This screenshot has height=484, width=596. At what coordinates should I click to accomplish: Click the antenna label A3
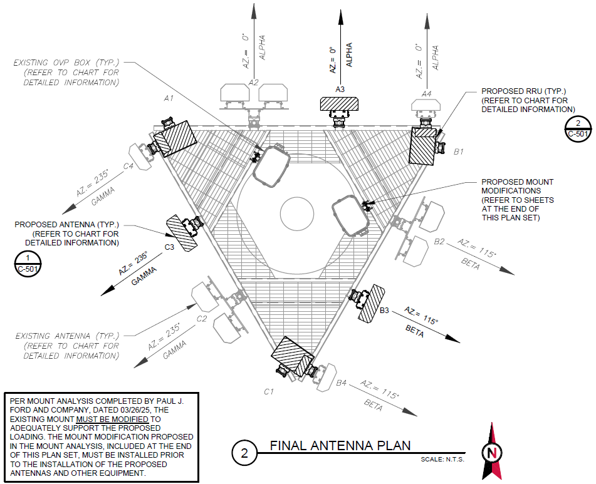pyautogui.click(x=340, y=90)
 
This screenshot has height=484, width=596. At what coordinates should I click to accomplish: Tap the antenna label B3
pyautogui.click(x=385, y=311)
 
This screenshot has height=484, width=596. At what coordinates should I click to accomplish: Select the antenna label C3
pyautogui.click(x=169, y=247)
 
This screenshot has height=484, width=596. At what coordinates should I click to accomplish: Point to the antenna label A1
pyautogui.click(x=168, y=98)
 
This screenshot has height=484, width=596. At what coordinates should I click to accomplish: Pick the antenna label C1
pyautogui.click(x=269, y=391)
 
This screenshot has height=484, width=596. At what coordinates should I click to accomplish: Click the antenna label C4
pyautogui.click(x=128, y=166)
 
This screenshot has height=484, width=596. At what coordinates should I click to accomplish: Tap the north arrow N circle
pyautogui.click(x=492, y=452)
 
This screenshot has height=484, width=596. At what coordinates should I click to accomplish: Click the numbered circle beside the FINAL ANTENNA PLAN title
pyautogui.click(x=244, y=454)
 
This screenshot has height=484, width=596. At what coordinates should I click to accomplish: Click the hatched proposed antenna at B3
pyautogui.click(x=372, y=303)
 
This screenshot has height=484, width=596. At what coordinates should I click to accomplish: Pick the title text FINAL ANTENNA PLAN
pyautogui.click(x=340, y=445)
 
